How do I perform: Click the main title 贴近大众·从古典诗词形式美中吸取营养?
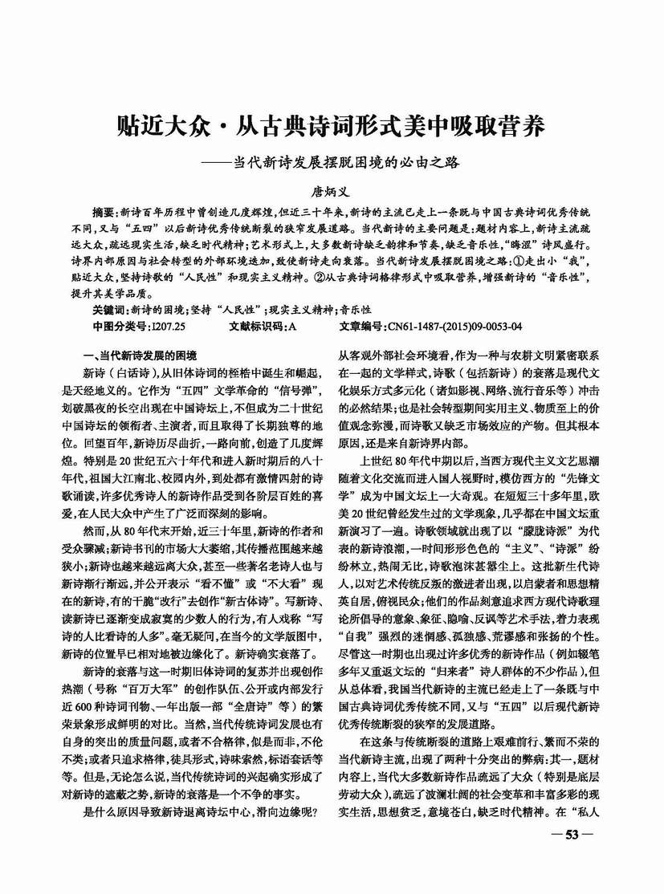point(331,126)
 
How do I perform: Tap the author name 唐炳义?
point(332,193)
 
